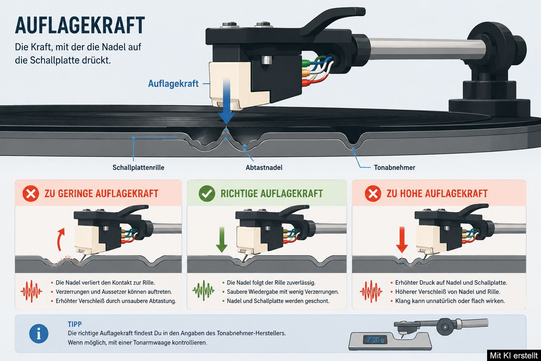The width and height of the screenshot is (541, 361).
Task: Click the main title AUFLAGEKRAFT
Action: coord(80,25)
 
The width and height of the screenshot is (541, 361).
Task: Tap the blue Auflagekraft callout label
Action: coord(173,84)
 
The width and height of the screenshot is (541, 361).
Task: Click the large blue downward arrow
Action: coord(226,102)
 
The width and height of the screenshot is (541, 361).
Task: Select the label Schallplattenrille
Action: coord(138,167)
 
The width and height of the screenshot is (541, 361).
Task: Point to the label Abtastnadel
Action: coord(264,167)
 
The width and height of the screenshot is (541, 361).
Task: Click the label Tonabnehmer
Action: coord(394,167)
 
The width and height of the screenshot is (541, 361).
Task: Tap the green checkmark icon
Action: coord(207,194)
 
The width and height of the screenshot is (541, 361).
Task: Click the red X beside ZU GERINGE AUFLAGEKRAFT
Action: coord(31,194)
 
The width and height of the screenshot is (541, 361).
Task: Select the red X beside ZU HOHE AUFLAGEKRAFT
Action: coord(373,194)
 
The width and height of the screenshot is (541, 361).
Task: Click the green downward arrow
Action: coord(222,240)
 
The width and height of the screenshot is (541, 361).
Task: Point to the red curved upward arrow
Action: coord(60,239)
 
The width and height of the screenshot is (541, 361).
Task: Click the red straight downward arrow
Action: coord(402,240)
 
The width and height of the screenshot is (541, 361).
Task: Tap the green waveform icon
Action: coord(203,290)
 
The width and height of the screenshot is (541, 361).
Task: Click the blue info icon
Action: coord(39,334)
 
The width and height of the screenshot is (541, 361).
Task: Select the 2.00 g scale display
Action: coord(375,340)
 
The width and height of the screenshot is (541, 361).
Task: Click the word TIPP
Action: coord(75,324)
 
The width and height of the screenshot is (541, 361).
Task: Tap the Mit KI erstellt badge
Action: coord(514,355)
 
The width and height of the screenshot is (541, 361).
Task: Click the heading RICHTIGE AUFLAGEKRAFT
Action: coord(272,194)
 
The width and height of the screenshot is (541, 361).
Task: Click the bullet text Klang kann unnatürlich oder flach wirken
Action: coord(450,301)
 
